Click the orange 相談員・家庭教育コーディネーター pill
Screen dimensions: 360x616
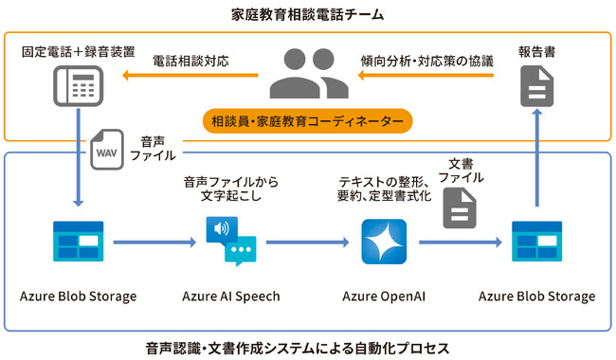(x=307, y=122)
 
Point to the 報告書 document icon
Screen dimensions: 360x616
(x=536, y=88)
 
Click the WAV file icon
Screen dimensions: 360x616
(x=106, y=151)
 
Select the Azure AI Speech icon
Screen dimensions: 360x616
(x=231, y=241)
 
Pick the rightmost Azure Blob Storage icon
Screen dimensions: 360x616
(x=536, y=242)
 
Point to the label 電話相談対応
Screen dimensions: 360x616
(x=192, y=60)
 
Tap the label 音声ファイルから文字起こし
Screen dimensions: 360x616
(x=230, y=189)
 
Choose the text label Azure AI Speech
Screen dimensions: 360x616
(x=231, y=297)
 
